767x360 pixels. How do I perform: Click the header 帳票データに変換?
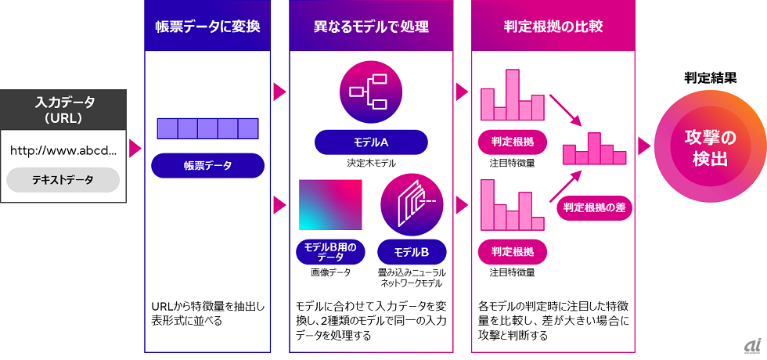pos(207,27)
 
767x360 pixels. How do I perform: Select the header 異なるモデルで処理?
pos(371,27)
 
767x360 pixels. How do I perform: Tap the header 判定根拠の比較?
pos(553,27)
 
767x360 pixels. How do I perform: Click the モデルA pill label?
pos(371,142)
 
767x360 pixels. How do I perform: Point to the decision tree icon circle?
pos(371,91)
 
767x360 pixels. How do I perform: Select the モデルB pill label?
pos(412,252)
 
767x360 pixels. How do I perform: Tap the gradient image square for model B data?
pos(330,205)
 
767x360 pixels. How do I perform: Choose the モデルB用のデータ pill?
pos(330,252)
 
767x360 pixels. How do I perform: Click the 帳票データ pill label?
pos(207,166)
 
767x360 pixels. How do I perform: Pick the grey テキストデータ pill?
pos(63,180)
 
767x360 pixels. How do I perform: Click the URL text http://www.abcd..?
pos(63,150)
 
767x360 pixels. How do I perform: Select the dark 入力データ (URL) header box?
pos(63,110)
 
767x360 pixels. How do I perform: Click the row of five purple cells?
pos(207,128)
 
